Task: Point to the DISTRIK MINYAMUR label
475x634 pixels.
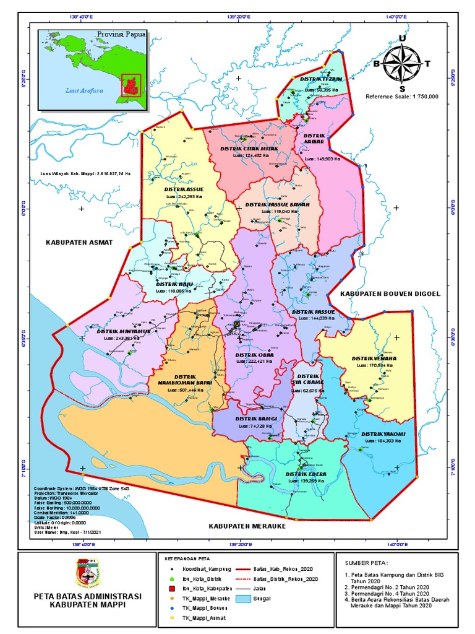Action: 124,331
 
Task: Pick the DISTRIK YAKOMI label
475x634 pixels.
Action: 383,433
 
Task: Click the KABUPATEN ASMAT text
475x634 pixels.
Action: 79,242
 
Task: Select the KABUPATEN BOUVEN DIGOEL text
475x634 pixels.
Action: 390,293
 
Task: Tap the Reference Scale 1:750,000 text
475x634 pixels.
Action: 402,97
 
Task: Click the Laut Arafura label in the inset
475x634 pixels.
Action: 84,90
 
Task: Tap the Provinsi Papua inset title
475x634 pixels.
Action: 121,35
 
